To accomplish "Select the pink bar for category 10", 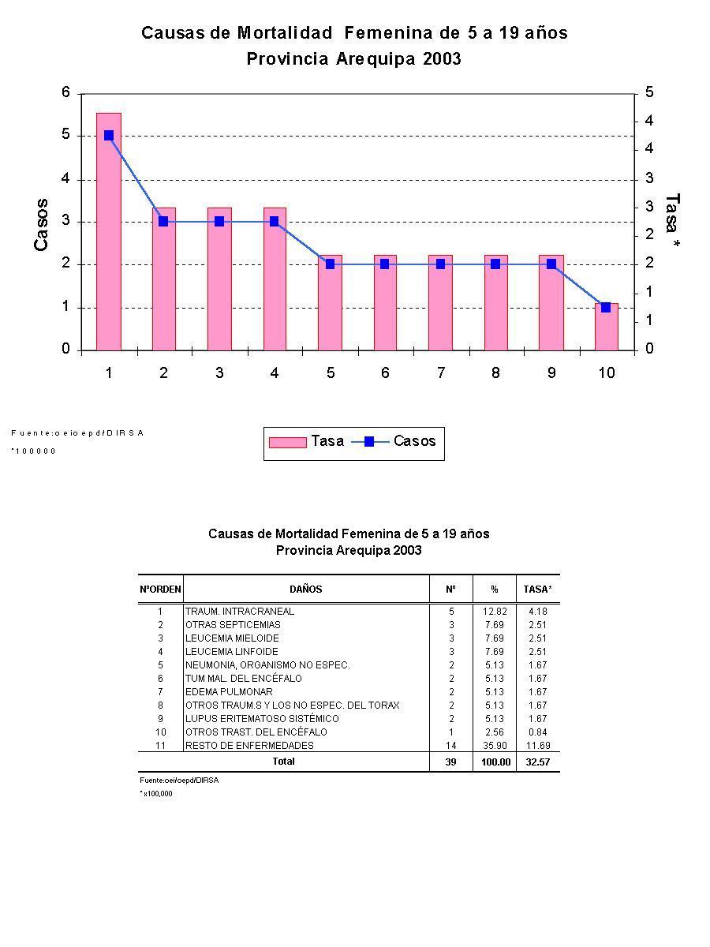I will tap(606, 328).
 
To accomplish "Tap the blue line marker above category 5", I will tap(330, 264).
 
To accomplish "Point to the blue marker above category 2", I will tap(163, 222).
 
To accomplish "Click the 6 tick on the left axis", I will tap(66, 93).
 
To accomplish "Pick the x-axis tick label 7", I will tap(440, 373).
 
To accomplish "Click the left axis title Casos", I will tap(41, 225).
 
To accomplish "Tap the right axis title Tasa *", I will tap(672, 223).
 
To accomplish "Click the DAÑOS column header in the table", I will tap(306, 590).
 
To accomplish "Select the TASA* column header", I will tap(538, 590).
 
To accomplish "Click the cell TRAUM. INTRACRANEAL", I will tap(240, 612).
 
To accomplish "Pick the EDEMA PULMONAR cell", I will tap(229, 692).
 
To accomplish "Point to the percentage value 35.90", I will tap(495, 746).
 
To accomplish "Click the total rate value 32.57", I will tap(538, 762).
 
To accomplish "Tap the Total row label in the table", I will tap(283, 762).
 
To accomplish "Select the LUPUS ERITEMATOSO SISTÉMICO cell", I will tap(262, 719).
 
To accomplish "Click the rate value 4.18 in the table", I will tap(538, 612).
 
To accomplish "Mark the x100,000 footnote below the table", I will tap(157, 794).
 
